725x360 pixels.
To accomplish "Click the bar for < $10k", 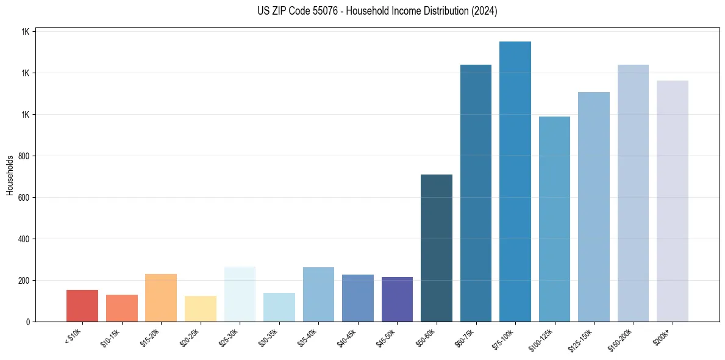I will pyautogui.click(x=82, y=306).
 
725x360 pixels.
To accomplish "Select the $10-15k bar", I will pyautogui.click(x=122, y=308).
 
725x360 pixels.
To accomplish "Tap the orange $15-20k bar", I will pyautogui.click(x=161, y=298).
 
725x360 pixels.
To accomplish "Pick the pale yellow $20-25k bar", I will pyautogui.click(x=201, y=309).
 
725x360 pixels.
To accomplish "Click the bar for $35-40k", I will pyautogui.click(x=318, y=295).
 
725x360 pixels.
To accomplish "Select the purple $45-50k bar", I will pyautogui.click(x=397, y=300).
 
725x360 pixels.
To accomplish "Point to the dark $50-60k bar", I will pyautogui.click(x=437, y=248).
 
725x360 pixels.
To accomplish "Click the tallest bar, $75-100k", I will pyautogui.click(x=515, y=182).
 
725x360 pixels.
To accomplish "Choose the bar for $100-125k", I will pyautogui.click(x=554, y=219).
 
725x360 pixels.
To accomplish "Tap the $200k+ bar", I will pyautogui.click(x=673, y=201).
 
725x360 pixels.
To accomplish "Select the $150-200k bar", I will pyautogui.click(x=633, y=193).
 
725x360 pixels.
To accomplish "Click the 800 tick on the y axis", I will pyautogui.click(x=24, y=156).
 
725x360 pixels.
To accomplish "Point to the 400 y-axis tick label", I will pyautogui.click(x=24, y=239).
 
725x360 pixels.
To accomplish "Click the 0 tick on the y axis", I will pyautogui.click(x=29, y=322).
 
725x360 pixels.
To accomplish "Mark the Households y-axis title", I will pyautogui.click(x=10, y=175).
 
